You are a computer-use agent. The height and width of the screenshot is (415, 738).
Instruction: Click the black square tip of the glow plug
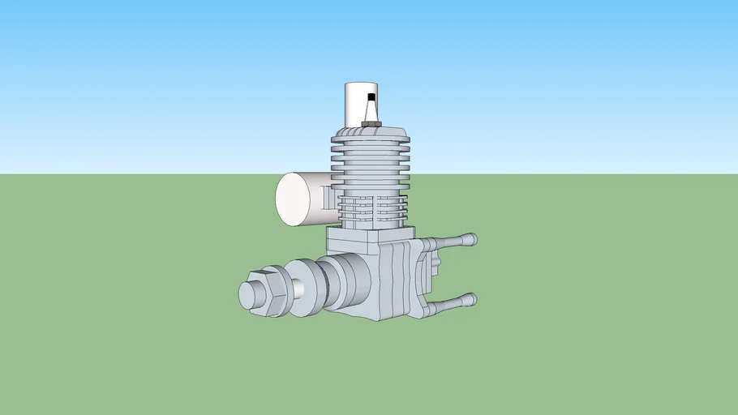371,97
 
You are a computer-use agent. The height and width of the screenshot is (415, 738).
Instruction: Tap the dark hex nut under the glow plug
371,124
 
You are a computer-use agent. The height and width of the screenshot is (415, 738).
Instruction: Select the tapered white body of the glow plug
371,111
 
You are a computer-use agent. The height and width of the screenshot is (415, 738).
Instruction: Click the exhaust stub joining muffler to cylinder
326,198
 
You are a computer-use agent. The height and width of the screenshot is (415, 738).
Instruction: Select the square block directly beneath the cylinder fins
352,241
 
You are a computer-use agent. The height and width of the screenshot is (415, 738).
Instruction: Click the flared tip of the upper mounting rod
468,240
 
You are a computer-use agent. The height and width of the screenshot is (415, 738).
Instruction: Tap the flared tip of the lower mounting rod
468,301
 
